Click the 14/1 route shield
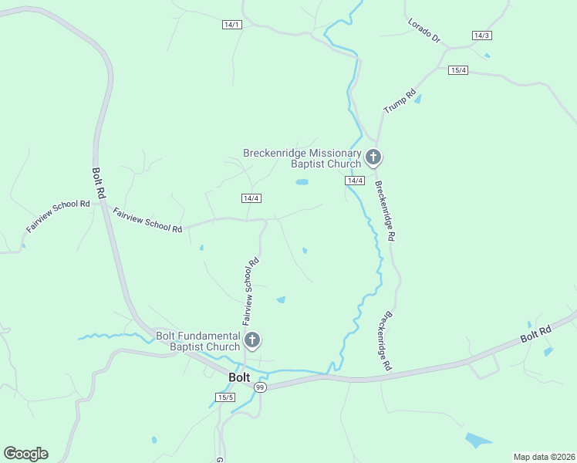232,25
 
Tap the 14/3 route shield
482,35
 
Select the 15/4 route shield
459,70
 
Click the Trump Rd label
400,100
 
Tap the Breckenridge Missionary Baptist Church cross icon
373,158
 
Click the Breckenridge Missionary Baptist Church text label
302,158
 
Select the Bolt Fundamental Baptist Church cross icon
251,340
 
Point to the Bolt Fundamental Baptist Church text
198,341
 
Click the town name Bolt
239,377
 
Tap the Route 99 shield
260,387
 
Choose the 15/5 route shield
225,397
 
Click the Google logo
25,454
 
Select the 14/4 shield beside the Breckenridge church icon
355,181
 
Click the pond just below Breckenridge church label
302,182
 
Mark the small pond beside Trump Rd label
418,99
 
